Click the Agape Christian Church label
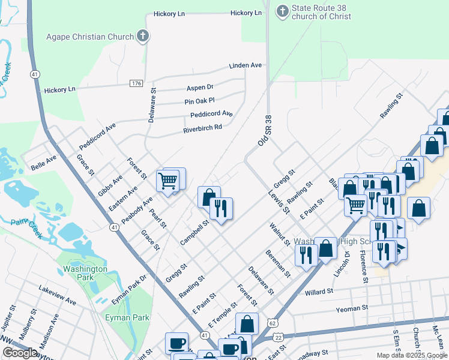[x=90, y=36]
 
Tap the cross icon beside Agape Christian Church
[x=142, y=36]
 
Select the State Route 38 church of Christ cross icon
[x=282, y=11]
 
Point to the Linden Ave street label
[x=245, y=65]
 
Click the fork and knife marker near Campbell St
[x=220, y=208]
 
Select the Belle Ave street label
[x=44, y=160]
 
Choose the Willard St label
[x=319, y=292]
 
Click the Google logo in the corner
[x=19, y=353]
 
